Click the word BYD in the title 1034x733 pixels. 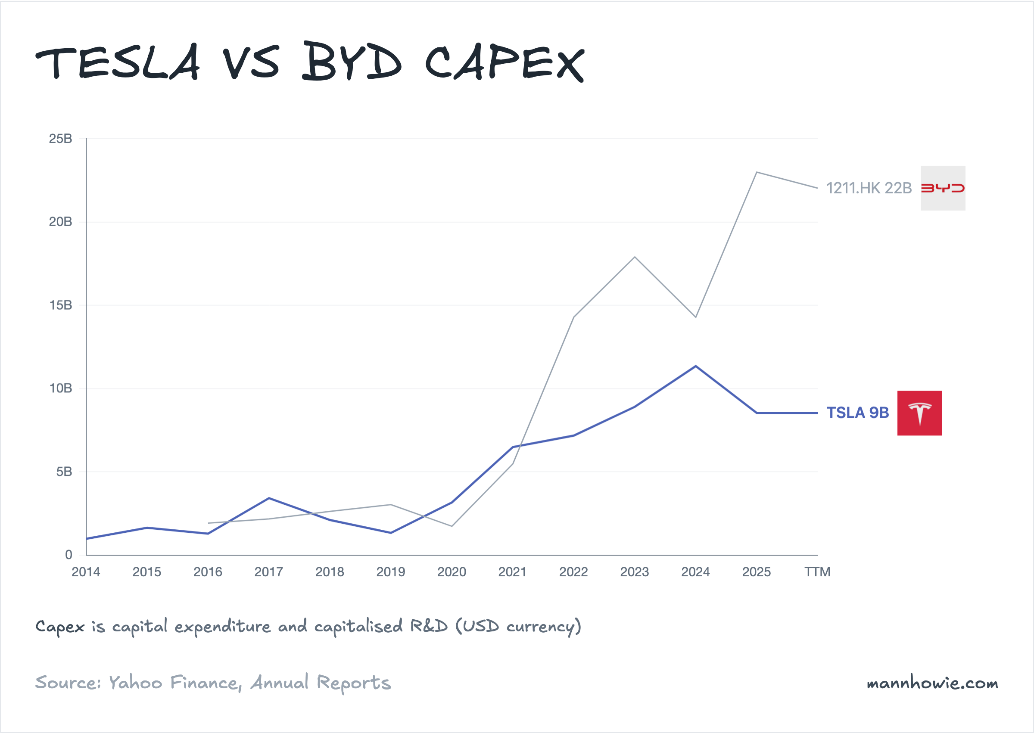click(x=352, y=62)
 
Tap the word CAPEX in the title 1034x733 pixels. click(x=505, y=63)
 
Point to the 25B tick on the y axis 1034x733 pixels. click(x=60, y=139)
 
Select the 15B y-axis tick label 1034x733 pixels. click(x=60, y=305)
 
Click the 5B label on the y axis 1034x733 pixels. click(x=64, y=472)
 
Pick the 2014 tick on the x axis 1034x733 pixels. click(x=86, y=572)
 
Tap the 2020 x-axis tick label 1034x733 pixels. click(x=452, y=572)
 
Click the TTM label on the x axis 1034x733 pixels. click(x=817, y=572)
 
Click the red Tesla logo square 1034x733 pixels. click(x=919, y=413)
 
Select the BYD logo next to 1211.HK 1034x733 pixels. click(x=943, y=188)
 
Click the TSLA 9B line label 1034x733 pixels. click(x=857, y=413)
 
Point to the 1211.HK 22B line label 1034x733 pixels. click(x=869, y=188)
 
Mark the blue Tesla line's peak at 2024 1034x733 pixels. click(x=696, y=366)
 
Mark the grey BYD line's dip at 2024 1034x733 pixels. click(x=696, y=317)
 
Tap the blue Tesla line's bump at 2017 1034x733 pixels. click(x=269, y=498)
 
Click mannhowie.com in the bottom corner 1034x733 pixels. click(x=932, y=683)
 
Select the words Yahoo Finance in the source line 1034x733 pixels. click(x=174, y=683)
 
